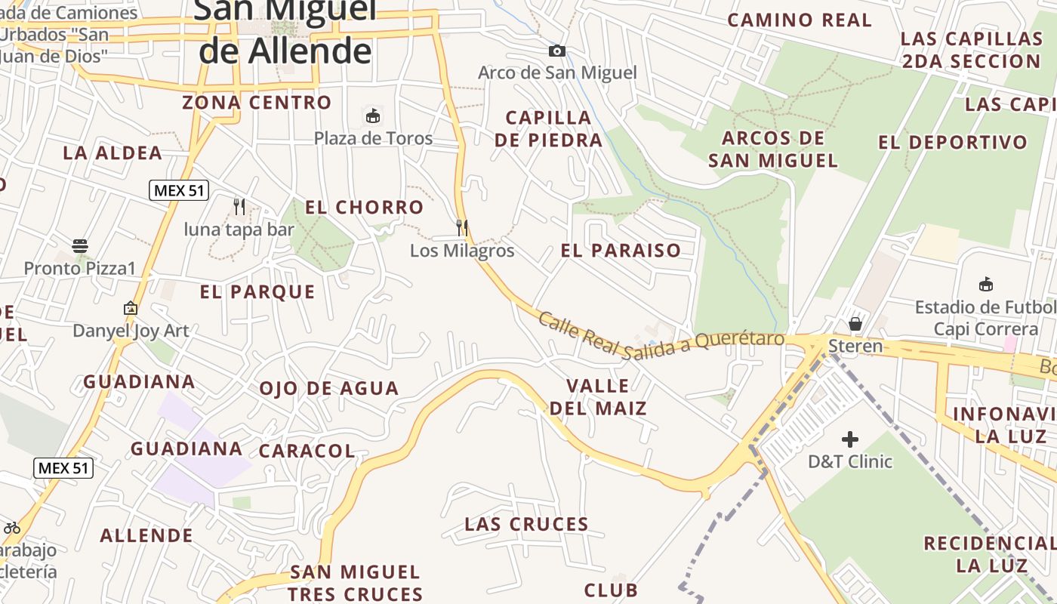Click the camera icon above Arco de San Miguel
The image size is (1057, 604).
[x=556, y=51]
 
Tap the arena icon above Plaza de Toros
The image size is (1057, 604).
[x=372, y=116]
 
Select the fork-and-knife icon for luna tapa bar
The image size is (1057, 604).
[x=239, y=206]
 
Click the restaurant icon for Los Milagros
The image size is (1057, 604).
[x=462, y=227]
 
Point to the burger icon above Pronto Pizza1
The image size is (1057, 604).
[x=80, y=245]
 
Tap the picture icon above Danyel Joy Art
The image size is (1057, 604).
[x=131, y=308]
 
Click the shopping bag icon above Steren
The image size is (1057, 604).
[x=855, y=324]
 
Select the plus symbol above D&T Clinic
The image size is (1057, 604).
[x=850, y=439]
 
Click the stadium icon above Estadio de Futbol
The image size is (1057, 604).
[x=985, y=285]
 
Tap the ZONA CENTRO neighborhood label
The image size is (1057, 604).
[x=257, y=103]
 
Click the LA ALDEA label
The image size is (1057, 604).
[x=112, y=153]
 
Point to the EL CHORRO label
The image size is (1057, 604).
[x=364, y=207]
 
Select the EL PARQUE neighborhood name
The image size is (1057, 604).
[x=257, y=292]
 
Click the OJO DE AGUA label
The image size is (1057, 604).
[x=328, y=389]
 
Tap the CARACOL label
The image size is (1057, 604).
[x=307, y=451]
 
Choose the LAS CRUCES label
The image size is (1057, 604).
[x=526, y=524]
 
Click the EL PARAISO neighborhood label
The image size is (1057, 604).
[x=621, y=251]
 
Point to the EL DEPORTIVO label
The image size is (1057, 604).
[x=953, y=142]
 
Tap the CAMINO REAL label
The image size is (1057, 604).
[x=800, y=20]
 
